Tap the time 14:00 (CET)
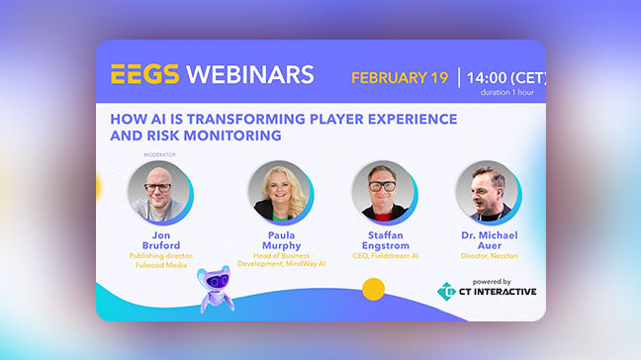pos(504,77)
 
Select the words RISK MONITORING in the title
pos(219,135)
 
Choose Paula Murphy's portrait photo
pos(277,190)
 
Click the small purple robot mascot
pos(214,289)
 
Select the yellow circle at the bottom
pos(373,290)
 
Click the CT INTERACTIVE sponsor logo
pos(487,291)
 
